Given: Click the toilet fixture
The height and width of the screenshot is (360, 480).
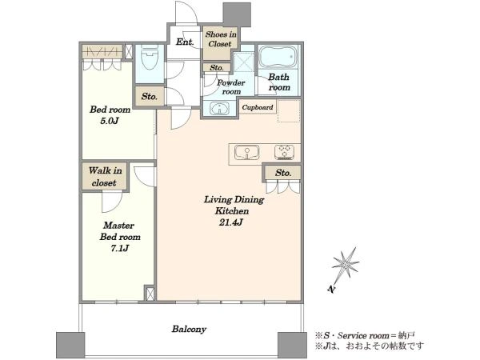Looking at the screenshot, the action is [x=150, y=58].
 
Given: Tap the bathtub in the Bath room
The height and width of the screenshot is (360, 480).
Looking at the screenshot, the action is [x=278, y=58].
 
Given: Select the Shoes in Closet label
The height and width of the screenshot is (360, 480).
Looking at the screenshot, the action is [x=221, y=39].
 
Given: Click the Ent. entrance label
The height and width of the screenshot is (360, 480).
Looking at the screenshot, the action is [x=185, y=42].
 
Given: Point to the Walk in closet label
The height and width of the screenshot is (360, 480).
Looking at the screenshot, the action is [x=105, y=177].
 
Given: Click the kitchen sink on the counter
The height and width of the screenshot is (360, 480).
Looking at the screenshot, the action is [x=246, y=152].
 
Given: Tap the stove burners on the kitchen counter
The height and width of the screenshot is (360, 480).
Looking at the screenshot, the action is [x=284, y=152].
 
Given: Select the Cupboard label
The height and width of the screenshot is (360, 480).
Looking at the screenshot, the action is [x=258, y=107].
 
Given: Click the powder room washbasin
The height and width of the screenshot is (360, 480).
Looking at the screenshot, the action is [x=219, y=108].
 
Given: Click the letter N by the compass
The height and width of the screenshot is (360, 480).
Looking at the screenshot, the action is [x=330, y=289].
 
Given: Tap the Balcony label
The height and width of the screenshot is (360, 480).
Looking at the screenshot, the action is [x=189, y=329].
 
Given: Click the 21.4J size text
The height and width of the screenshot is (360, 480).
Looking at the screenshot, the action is [x=231, y=222].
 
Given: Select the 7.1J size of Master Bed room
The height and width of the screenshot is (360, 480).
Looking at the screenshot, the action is [x=120, y=248].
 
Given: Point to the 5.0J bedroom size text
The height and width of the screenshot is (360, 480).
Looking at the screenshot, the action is [x=110, y=121].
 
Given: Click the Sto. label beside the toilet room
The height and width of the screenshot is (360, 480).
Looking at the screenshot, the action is [x=150, y=97].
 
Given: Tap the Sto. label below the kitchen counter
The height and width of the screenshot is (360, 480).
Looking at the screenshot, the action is [x=283, y=173].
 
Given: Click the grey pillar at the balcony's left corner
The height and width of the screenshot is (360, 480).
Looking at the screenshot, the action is [x=70, y=346].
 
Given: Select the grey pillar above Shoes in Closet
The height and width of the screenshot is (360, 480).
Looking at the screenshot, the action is [x=237, y=14].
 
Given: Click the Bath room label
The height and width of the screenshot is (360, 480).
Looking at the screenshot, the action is [x=279, y=82].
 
